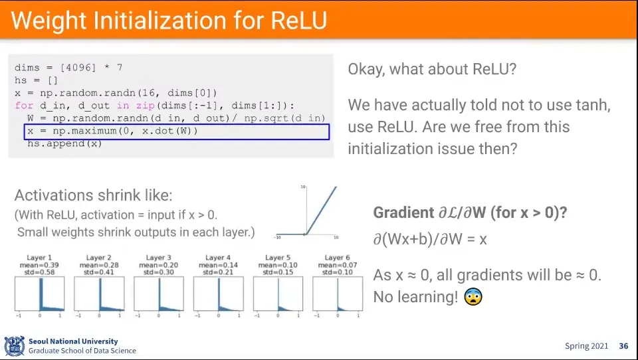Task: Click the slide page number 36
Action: coord(623,346)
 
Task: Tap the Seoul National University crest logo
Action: coord(15,346)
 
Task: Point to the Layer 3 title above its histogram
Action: coord(159,258)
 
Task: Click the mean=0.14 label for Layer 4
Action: coord(219,265)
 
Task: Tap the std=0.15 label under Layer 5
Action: coord(278,272)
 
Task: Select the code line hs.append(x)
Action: coord(64,143)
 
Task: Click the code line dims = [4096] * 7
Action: coord(68,68)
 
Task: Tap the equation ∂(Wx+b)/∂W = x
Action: coord(430,239)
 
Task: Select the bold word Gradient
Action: coord(403,213)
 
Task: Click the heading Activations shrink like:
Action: coord(93,195)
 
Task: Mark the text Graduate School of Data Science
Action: coord(82,351)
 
